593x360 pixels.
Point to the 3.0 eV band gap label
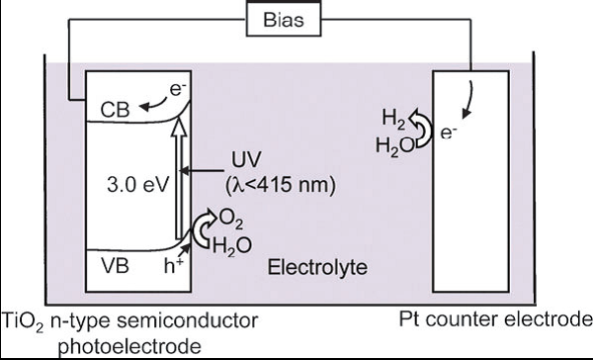coord(134,181)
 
